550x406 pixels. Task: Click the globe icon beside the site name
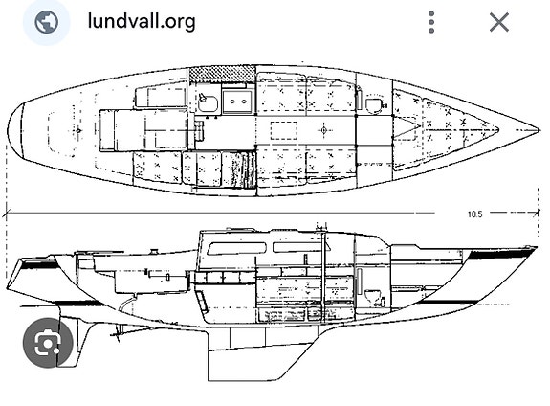47,22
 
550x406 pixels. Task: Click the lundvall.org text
142,22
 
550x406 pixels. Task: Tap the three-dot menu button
431,22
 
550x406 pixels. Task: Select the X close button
498,22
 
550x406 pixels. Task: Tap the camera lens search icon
48,343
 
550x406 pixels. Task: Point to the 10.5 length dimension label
475,214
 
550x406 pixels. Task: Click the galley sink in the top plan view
209,102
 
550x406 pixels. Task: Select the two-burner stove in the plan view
237,101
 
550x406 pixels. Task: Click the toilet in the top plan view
374,105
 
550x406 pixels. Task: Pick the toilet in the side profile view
372,297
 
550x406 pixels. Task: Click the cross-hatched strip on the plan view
222,74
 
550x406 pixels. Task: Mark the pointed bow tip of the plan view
539,130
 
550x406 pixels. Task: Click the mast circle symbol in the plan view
323,130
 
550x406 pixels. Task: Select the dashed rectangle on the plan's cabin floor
284,130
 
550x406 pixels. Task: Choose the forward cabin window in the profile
301,247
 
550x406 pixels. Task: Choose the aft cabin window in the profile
237,248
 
